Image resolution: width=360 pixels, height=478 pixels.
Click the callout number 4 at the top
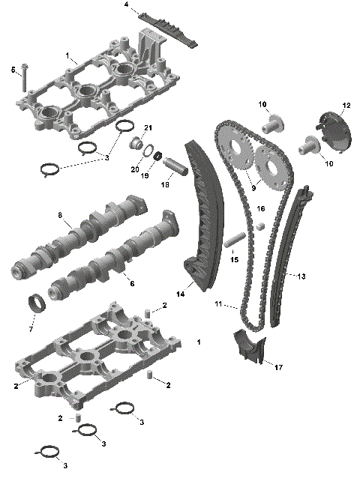coord(126,5)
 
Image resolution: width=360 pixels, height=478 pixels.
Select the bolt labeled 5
coord(23,78)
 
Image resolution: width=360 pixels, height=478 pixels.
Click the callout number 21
coord(148,127)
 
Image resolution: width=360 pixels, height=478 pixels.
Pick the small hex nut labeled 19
coord(159,155)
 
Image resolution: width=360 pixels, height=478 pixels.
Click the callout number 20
coord(135,169)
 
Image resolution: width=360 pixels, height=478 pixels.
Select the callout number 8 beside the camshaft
coord(59,215)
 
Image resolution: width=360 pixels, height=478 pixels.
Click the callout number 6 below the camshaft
coord(133,283)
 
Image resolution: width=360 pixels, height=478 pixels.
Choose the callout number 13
coord(301,276)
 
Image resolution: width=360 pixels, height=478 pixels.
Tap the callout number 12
coord(346,105)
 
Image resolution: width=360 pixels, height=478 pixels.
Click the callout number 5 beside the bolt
coord(13,70)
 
